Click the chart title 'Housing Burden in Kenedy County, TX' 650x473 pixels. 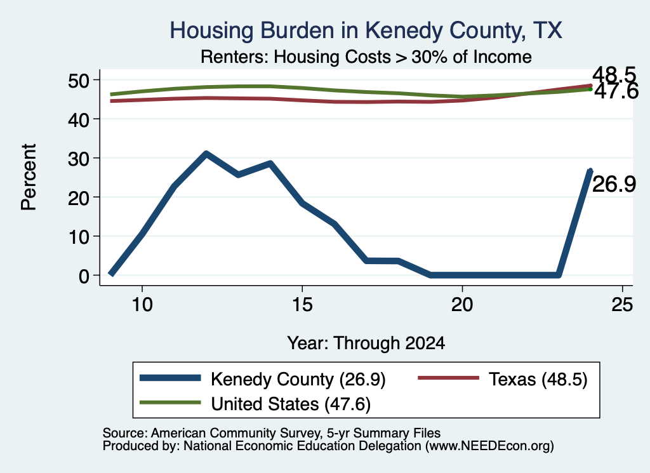pos(366,30)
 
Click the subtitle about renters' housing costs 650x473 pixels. pos(366,57)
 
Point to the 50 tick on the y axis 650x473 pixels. pos(79,80)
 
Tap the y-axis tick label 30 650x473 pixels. pos(79,158)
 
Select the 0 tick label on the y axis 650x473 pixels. pos(84,276)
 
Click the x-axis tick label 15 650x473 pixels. pos(302,305)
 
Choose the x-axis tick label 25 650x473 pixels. pos(622,305)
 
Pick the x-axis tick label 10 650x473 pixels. pos(142,305)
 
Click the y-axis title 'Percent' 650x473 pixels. pos(29,177)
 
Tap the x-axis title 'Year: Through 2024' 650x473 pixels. pos(366,343)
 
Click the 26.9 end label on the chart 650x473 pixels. pos(614,184)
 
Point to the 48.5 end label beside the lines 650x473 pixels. pos(614,75)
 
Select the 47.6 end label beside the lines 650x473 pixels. pos(616,91)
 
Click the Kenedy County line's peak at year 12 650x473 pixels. pos(206,154)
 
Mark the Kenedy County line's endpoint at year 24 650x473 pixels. pos(590,170)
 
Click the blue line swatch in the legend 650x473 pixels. pos(170,378)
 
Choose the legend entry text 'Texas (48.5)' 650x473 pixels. pos(538,379)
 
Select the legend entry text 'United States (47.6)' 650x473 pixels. pos(291,404)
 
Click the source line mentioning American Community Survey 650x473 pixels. pos(272,433)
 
